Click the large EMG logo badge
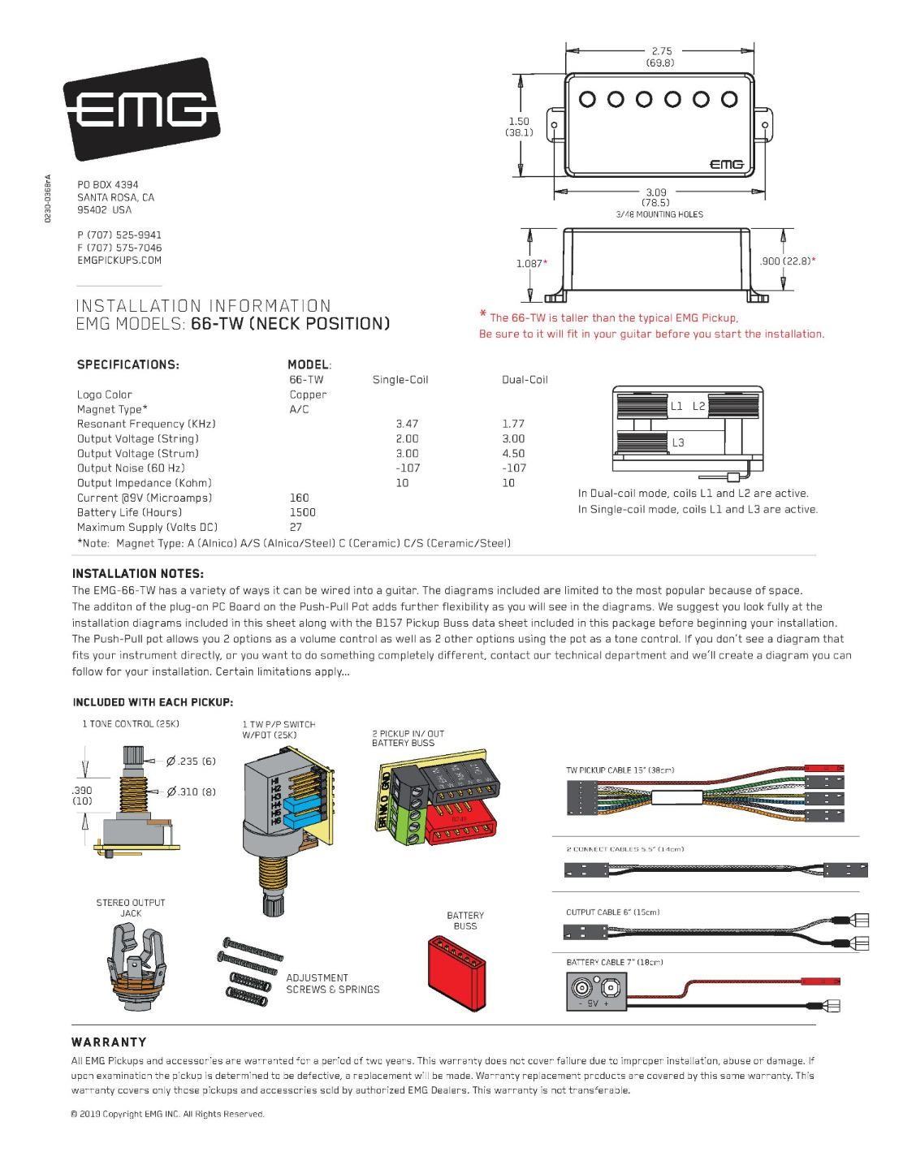(x=141, y=109)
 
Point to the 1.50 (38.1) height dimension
(x=519, y=127)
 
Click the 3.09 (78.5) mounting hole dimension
(x=656, y=197)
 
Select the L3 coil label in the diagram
(x=678, y=442)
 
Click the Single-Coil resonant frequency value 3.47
(x=407, y=424)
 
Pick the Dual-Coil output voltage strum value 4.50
(x=513, y=454)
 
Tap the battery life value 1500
(x=302, y=512)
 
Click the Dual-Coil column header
(x=525, y=379)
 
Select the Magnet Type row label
(x=112, y=409)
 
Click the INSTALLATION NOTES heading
(x=137, y=573)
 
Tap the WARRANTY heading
(x=109, y=1042)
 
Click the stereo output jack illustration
(x=131, y=963)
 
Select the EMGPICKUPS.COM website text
(x=119, y=261)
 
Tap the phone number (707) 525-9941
(x=119, y=235)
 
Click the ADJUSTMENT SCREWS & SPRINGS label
(x=332, y=983)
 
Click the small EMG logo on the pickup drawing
(x=727, y=163)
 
